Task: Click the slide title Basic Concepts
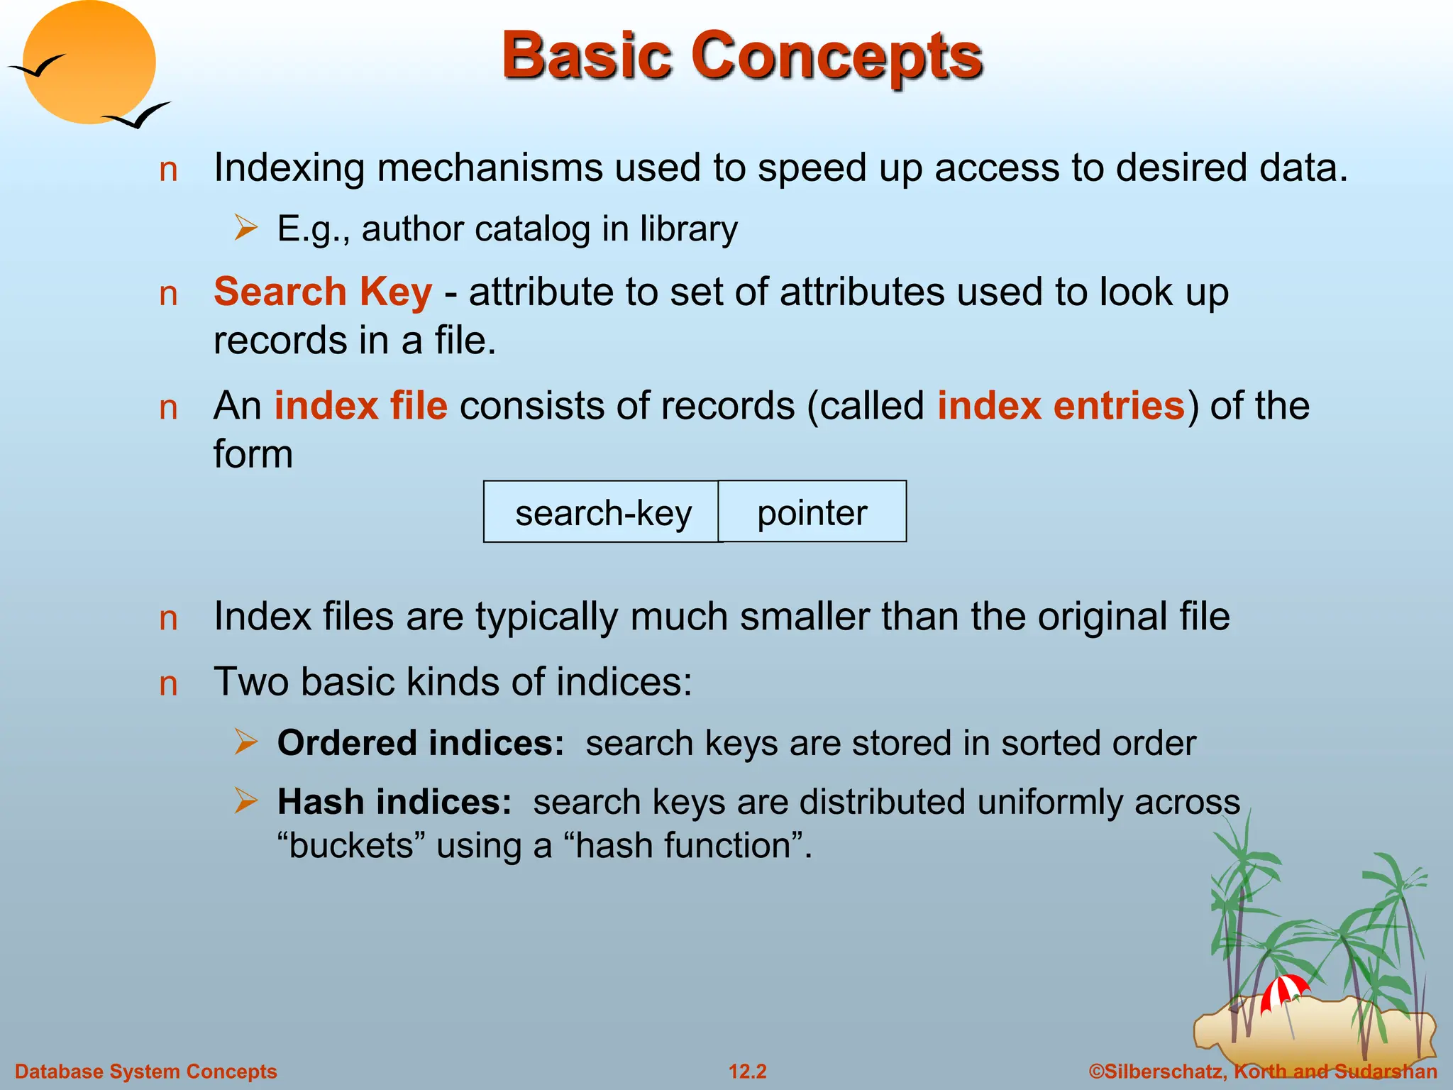pos(741,57)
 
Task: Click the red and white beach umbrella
pos(1283,991)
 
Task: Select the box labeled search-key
pos(602,512)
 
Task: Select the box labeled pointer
pos(812,512)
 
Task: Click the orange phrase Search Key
pos(323,292)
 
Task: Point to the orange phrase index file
pos(360,406)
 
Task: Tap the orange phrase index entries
pos(1061,406)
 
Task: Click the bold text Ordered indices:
pos(421,743)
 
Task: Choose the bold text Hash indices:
pos(394,802)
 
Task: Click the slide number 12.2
pos(748,1072)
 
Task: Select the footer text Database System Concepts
pos(146,1072)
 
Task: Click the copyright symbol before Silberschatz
pos(1096,1072)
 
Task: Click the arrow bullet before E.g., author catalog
pos(246,229)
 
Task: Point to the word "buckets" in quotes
pos(350,846)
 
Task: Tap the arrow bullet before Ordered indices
pos(246,742)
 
